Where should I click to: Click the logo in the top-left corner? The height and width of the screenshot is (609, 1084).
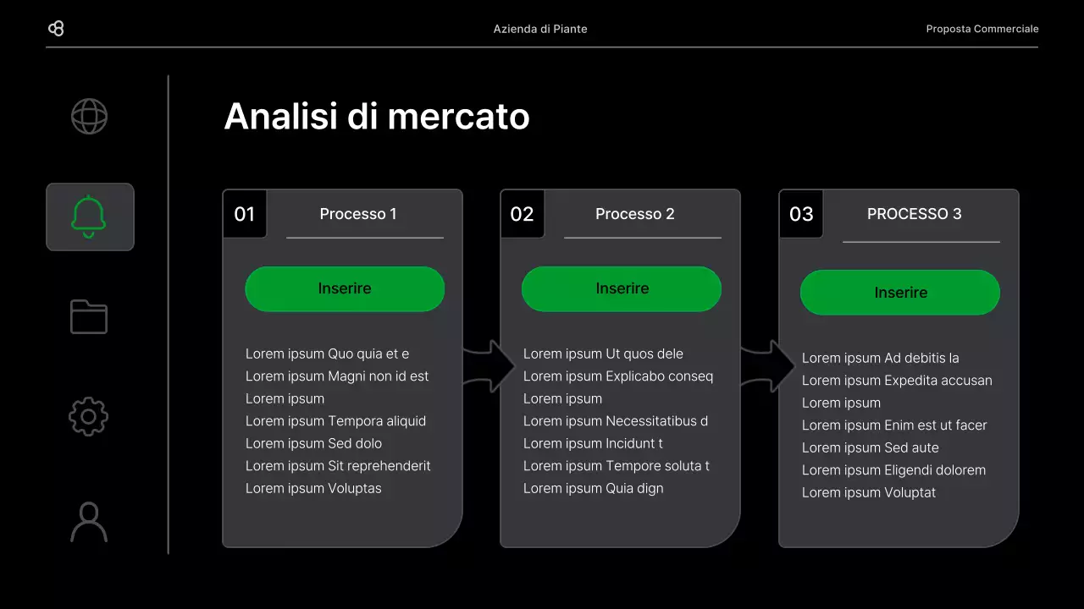click(56, 29)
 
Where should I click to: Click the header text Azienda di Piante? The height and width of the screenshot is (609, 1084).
click(540, 29)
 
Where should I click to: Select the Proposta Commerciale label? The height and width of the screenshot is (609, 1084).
click(982, 29)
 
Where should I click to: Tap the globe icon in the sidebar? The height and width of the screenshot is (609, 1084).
click(89, 117)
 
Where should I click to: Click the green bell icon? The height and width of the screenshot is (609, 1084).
click(89, 217)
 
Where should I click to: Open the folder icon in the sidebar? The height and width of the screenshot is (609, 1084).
click(89, 317)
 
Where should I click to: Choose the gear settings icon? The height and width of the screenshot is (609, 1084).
click(89, 417)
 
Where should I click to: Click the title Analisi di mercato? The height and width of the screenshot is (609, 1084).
click(377, 117)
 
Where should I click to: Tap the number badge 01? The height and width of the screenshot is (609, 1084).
click(245, 214)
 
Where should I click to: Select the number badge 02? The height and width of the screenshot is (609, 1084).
click(523, 214)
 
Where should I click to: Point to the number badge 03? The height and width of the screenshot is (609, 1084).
click(801, 214)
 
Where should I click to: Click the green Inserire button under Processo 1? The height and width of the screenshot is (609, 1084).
click(345, 288)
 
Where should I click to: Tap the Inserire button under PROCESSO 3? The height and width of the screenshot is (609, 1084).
click(900, 293)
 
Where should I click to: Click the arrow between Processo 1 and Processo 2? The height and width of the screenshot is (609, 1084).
click(490, 366)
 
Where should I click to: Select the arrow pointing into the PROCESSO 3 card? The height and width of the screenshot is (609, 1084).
click(769, 366)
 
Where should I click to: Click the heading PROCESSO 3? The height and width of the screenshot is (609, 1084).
click(915, 214)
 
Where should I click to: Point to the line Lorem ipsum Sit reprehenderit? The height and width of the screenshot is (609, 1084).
click(338, 466)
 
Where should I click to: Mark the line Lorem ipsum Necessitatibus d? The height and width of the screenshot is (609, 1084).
click(616, 421)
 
